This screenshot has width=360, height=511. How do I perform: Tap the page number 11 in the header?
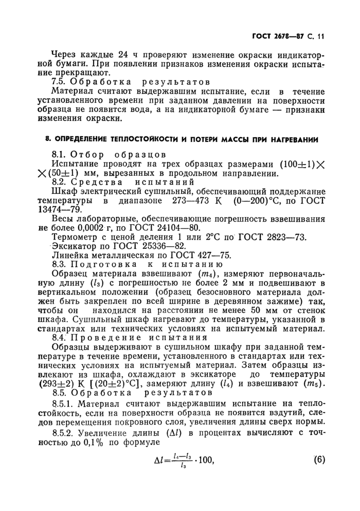[322, 36]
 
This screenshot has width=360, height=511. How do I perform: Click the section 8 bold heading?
[179, 139]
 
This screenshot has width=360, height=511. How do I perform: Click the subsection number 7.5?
[61, 82]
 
